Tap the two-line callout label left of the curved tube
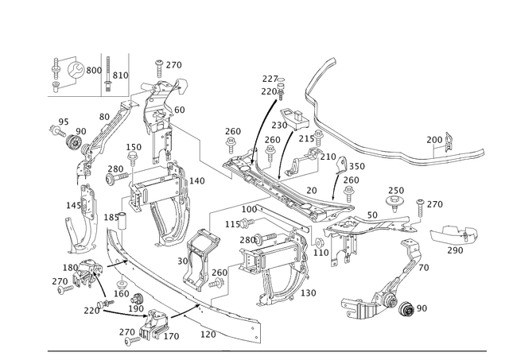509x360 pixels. [273, 80]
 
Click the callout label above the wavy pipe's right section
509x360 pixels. [438, 139]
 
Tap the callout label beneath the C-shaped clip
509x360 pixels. [456, 251]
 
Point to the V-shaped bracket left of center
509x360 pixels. [166, 218]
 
